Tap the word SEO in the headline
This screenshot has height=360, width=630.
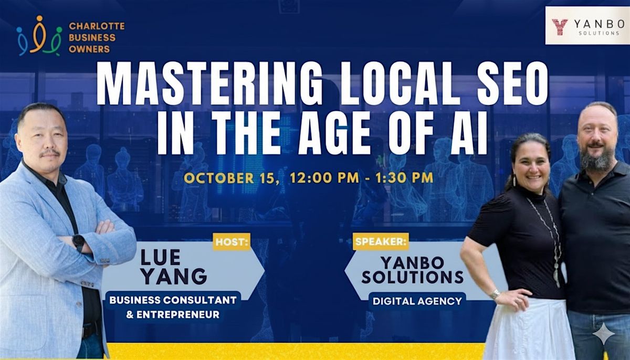click(512, 83)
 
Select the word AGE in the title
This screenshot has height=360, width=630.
click(334, 133)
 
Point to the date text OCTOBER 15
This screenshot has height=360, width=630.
click(229, 178)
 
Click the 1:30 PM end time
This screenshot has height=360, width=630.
click(404, 177)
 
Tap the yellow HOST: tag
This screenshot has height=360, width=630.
click(232, 242)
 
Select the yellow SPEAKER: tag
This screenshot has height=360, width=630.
click(381, 241)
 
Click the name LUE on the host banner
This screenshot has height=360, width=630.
click(161, 258)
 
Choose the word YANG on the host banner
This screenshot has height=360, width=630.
click(175, 276)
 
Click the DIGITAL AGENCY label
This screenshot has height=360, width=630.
click(417, 301)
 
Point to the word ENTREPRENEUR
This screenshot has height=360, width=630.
click(178, 314)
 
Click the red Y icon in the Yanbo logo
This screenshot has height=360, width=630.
click(560, 27)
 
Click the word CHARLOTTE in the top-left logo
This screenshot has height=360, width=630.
click(97, 26)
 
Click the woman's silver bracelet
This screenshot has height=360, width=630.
click(495, 294)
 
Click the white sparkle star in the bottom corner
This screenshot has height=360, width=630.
click(604, 334)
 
